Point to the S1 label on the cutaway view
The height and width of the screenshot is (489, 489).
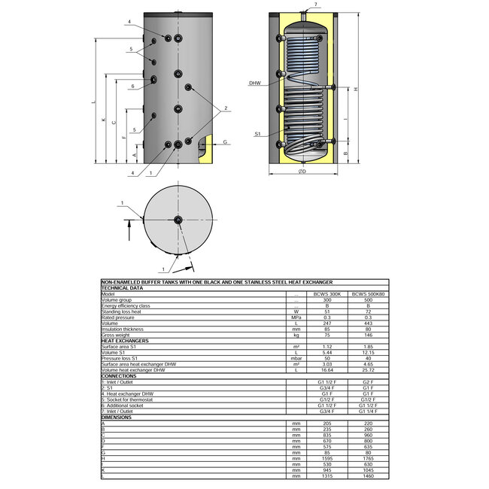[x=257, y=134]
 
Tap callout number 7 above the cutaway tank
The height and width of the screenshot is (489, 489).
[x=316, y=5]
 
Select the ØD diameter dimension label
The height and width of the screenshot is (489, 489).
[x=302, y=172]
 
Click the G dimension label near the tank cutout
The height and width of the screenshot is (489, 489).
[x=224, y=142]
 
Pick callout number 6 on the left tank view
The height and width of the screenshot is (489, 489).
[x=132, y=87]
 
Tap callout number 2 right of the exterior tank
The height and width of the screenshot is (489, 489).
[x=224, y=110]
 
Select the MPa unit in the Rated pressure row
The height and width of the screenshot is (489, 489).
[x=296, y=317]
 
